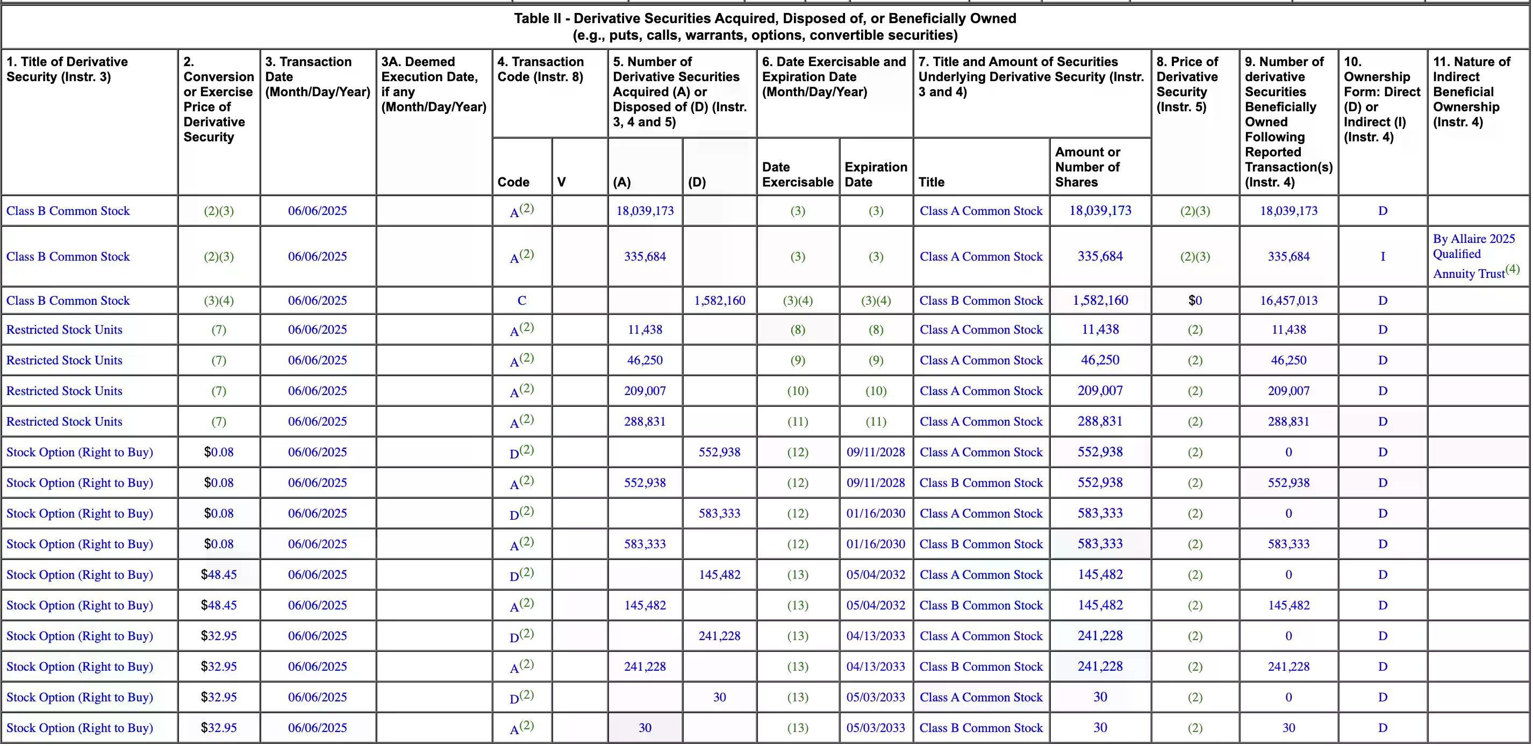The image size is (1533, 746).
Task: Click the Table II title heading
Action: click(765, 27)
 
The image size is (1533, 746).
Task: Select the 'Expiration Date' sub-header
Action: click(876, 174)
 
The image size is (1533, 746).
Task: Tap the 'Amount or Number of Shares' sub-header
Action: click(1087, 167)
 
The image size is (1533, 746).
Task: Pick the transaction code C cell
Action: click(521, 300)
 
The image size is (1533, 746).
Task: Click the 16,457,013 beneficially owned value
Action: click(1288, 300)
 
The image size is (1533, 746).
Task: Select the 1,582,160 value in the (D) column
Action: click(720, 300)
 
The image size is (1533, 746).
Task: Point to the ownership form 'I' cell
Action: click(1382, 256)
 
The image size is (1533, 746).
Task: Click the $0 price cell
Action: click(1195, 300)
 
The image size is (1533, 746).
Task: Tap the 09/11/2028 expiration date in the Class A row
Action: click(876, 452)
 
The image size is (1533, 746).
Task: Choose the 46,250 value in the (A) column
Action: click(644, 361)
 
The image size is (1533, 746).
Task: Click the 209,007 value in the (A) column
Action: click(644, 391)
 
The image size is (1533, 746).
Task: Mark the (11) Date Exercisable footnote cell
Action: click(798, 422)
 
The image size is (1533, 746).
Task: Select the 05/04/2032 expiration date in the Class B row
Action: click(876, 605)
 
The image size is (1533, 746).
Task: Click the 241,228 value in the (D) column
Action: click(720, 636)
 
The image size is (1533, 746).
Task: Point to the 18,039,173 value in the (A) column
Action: click(644, 211)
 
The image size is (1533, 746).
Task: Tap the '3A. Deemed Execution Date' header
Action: click(433, 84)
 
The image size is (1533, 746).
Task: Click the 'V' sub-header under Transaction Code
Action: click(561, 182)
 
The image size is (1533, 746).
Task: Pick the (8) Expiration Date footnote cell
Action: click(876, 329)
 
